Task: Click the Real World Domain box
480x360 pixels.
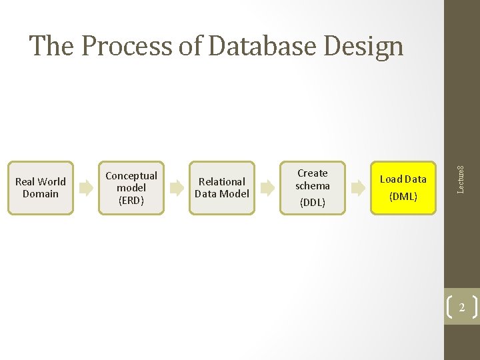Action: pos(41,187)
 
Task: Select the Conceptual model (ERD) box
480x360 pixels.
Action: pos(131,187)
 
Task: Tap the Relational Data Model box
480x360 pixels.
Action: pos(222,187)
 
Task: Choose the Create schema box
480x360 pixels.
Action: pos(313,187)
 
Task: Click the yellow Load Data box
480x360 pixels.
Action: pos(403,187)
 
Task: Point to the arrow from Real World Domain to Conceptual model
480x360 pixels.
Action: pos(86,188)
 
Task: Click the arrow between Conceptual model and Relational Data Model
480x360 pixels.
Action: pos(177,188)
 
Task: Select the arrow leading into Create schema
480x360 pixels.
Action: pos(267,188)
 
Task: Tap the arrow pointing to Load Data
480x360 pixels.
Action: pos(358,188)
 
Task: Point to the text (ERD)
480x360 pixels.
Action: pos(131,199)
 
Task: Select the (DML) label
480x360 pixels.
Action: pos(403,196)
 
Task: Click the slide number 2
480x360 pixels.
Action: pos(461,307)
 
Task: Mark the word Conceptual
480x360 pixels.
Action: pos(131,175)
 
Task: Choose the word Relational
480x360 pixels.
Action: pos(222,181)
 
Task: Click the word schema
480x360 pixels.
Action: pos(313,186)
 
